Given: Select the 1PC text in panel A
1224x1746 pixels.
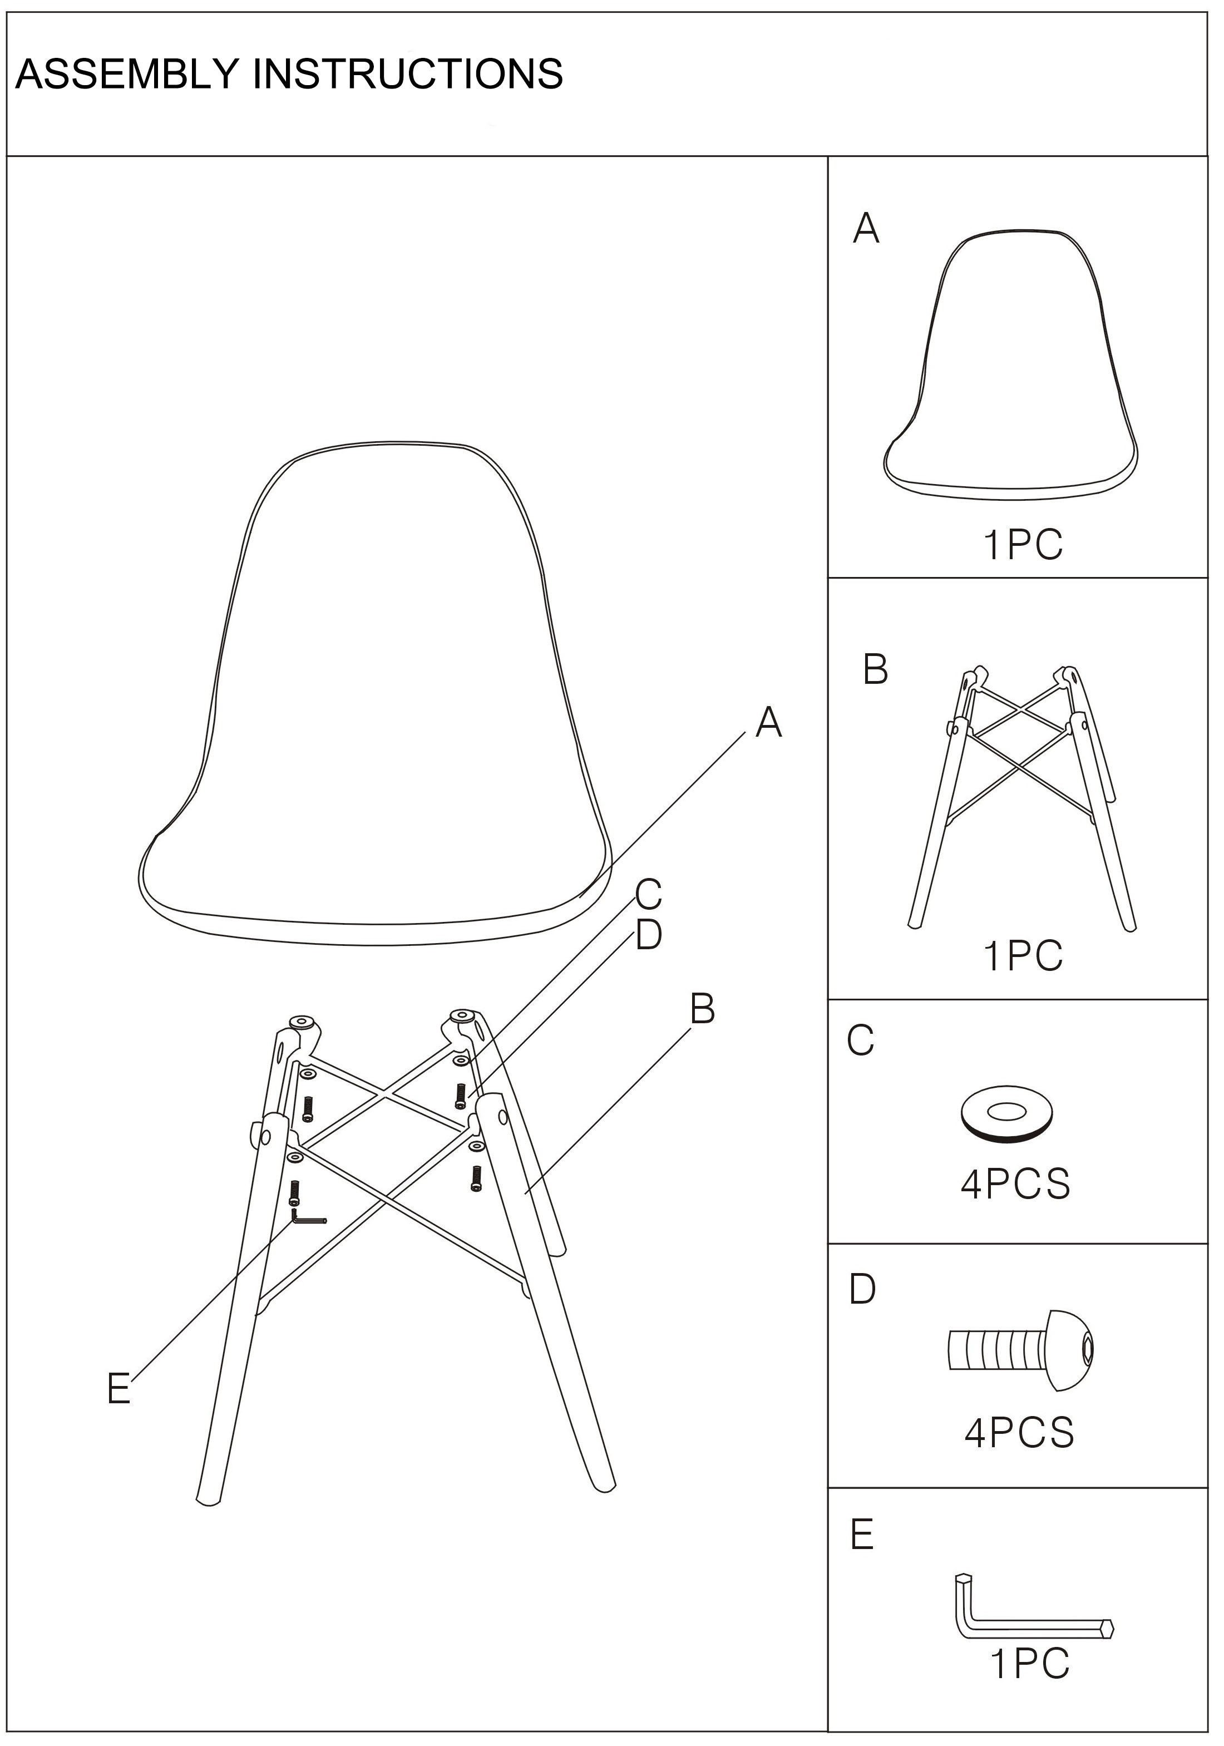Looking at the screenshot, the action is point(1023,545).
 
